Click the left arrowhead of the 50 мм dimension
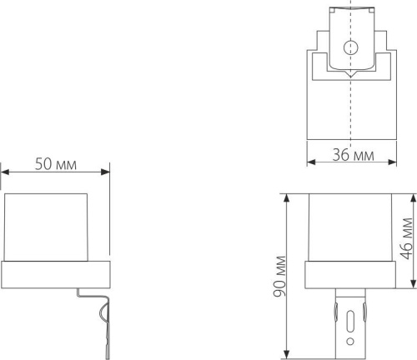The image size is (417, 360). pyautogui.click(x=5, y=172)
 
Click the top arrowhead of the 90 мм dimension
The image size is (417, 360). pyautogui.click(x=287, y=199)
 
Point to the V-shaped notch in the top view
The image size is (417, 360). pyautogui.click(x=350, y=74)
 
